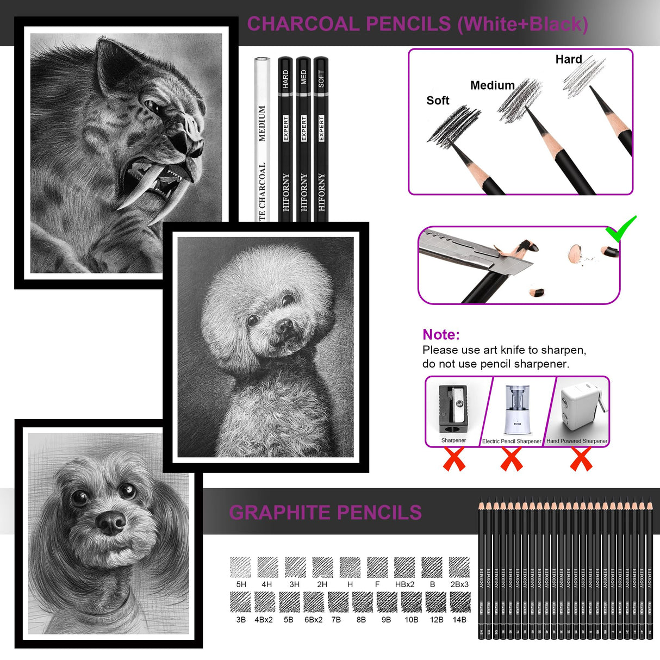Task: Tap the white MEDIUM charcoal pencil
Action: pyautogui.click(x=262, y=141)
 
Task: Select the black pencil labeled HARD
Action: pyautogui.click(x=285, y=141)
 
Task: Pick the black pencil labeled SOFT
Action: pyautogui.click(x=321, y=141)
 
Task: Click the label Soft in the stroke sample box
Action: pyautogui.click(x=438, y=101)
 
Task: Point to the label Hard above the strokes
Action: pyautogui.click(x=569, y=59)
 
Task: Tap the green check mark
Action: pyautogui.click(x=621, y=229)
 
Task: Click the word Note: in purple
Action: pyautogui.click(x=441, y=334)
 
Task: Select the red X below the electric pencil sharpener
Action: pyautogui.click(x=512, y=460)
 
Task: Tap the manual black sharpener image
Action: pyautogui.click(x=453, y=409)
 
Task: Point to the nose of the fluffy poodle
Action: pyautogui.click(x=284, y=326)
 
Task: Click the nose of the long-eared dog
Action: pyautogui.click(x=110, y=522)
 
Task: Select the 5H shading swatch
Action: pyautogui.click(x=241, y=567)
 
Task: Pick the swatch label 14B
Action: pyautogui.click(x=459, y=620)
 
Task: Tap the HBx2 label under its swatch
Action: pyautogui.click(x=404, y=584)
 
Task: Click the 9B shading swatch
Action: pyautogui.click(x=387, y=602)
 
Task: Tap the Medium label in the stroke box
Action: pyautogui.click(x=492, y=85)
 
